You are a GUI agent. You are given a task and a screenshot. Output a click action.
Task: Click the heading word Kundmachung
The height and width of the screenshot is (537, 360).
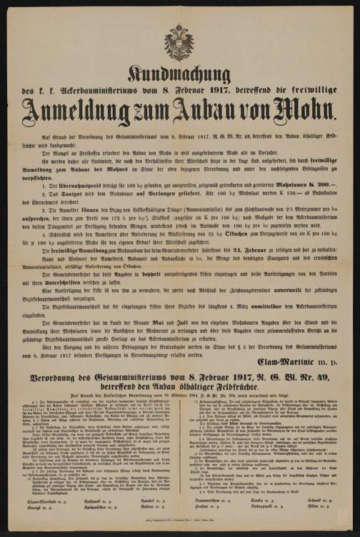pyautogui.click(x=179, y=75)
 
